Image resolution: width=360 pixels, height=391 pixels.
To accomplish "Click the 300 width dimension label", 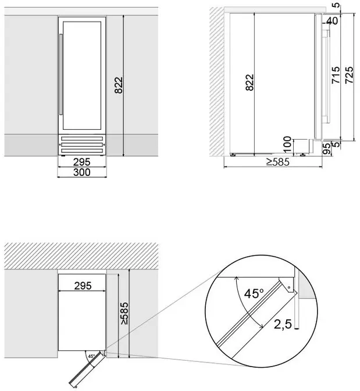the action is click(82, 172).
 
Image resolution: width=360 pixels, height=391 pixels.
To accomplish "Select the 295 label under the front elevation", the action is click(82, 162).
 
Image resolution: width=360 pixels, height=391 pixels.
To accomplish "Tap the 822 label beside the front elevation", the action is click(119, 85).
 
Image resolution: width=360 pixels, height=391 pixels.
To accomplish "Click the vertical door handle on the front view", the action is click(61, 74).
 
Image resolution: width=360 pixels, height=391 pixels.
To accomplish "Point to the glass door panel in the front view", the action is click(82, 75).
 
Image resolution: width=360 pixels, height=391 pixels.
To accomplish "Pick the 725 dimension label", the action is click(349, 75).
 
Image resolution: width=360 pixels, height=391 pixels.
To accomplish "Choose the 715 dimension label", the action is click(336, 75).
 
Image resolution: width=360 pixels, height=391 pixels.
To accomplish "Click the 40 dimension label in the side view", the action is click(332, 21).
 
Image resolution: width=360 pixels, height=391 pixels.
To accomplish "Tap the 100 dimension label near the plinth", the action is click(287, 144).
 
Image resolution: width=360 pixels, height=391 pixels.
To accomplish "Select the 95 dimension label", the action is click(327, 148).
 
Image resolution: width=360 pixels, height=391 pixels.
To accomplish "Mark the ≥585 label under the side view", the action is click(278, 162).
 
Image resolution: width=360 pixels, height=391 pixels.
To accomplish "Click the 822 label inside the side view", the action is click(249, 82).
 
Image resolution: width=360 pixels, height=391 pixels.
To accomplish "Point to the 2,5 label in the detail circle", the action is click(283, 324).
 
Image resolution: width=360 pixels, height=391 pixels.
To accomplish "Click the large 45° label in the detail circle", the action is click(254, 293).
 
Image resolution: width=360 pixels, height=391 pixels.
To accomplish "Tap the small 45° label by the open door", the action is click(91, 356).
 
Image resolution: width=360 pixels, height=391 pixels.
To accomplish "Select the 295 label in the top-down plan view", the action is click(83, 286).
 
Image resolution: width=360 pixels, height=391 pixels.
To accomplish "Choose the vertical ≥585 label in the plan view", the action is click(124, 314).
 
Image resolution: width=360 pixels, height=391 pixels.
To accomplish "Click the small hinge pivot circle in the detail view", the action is click(289, 287).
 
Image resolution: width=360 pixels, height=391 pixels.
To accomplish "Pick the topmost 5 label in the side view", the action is click(337, 5).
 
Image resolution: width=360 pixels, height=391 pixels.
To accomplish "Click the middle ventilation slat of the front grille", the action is click(82, 145).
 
